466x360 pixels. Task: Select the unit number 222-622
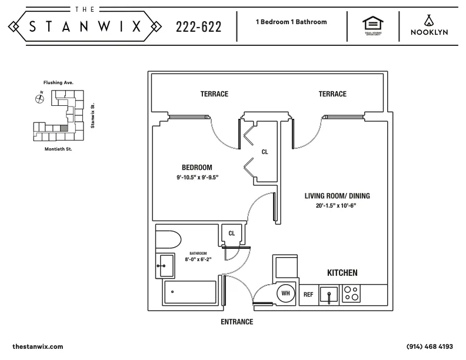click(199, 27)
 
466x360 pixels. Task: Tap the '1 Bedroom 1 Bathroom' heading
click(291, 22)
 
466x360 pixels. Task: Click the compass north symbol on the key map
click(39, 98)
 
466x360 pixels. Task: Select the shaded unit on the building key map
click(64, 127)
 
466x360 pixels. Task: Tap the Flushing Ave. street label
click(58, 83)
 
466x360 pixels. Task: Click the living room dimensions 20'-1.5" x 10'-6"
click(337, 206)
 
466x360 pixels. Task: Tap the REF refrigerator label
click(308, 294)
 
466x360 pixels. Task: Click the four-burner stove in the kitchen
click(351, 294)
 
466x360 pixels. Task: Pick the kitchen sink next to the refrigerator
click(328, 294)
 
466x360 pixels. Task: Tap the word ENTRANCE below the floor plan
click(237, 322)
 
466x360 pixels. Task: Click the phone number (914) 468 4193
click(430, 346)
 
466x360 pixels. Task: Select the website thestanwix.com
click(37, 346)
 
